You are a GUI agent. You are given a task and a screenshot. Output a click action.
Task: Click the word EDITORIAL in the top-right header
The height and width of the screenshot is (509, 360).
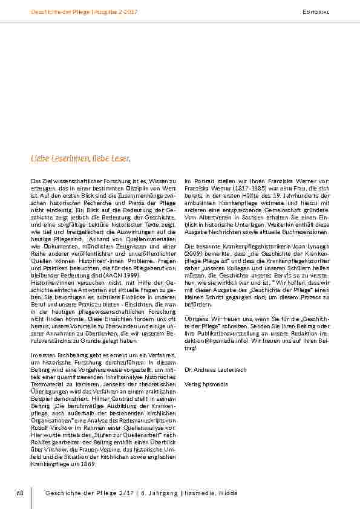click(315, 12)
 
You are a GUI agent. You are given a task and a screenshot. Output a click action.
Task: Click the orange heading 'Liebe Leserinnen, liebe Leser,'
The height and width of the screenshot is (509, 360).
click(80, 158)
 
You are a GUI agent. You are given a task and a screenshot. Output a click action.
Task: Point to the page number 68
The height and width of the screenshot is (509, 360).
click(19, 494)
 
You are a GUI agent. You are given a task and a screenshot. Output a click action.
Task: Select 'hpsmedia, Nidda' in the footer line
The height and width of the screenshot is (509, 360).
click(217, 494)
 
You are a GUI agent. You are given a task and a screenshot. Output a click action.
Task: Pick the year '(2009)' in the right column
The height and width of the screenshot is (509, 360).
click(195, 253)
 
